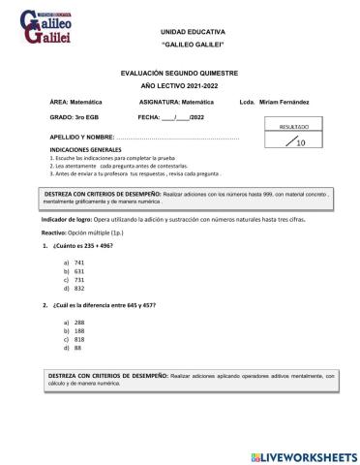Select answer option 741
pyautogui.click(x=79, y=263)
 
